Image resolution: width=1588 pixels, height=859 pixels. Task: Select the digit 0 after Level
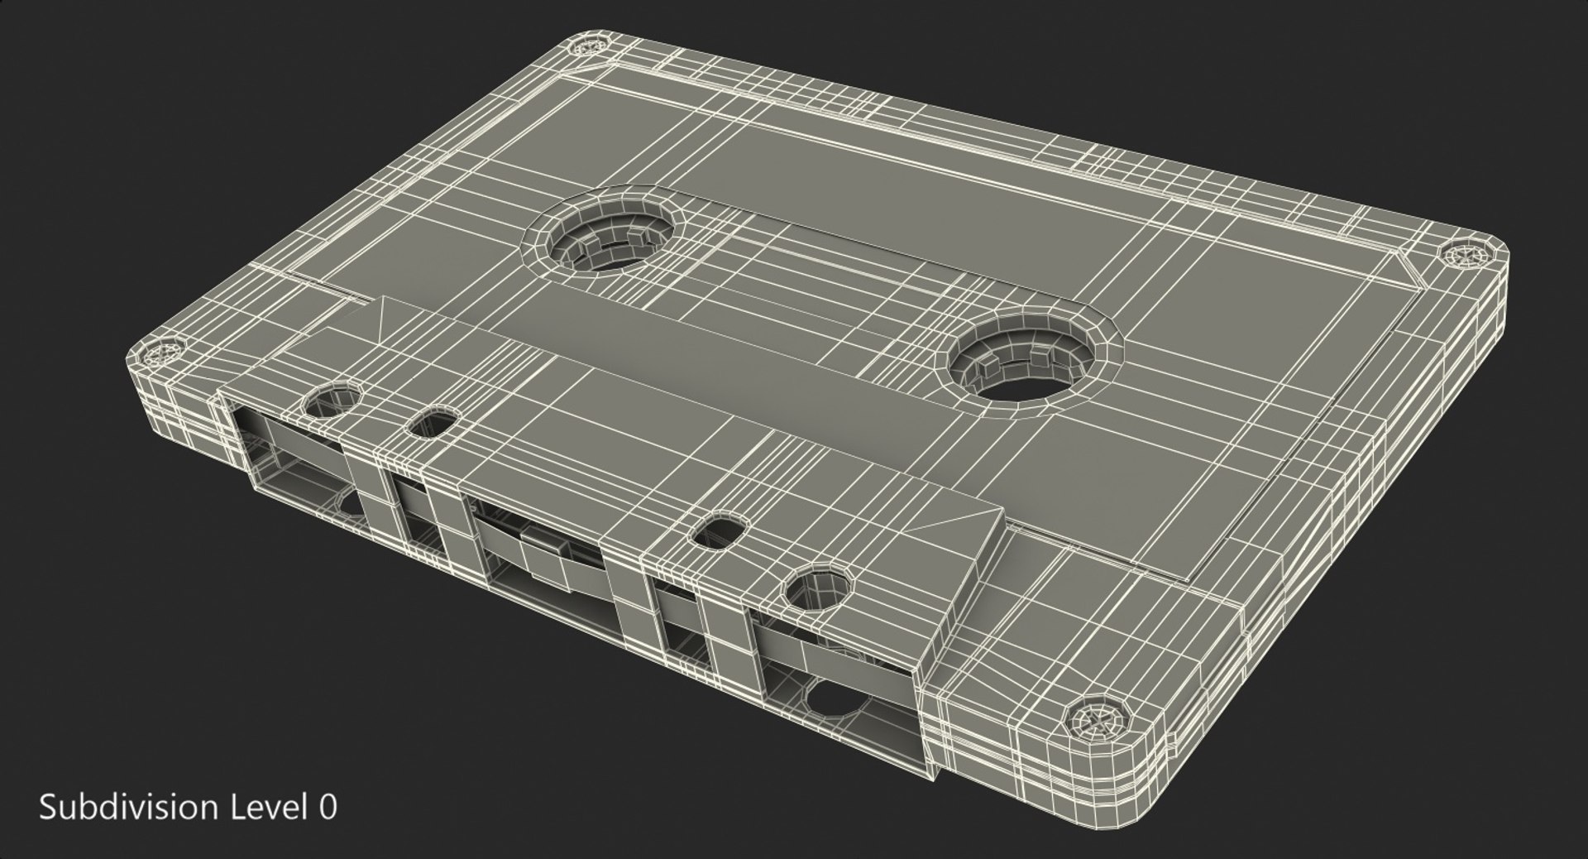click(328, 807)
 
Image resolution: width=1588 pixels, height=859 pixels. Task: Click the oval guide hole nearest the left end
click(433, 425)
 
